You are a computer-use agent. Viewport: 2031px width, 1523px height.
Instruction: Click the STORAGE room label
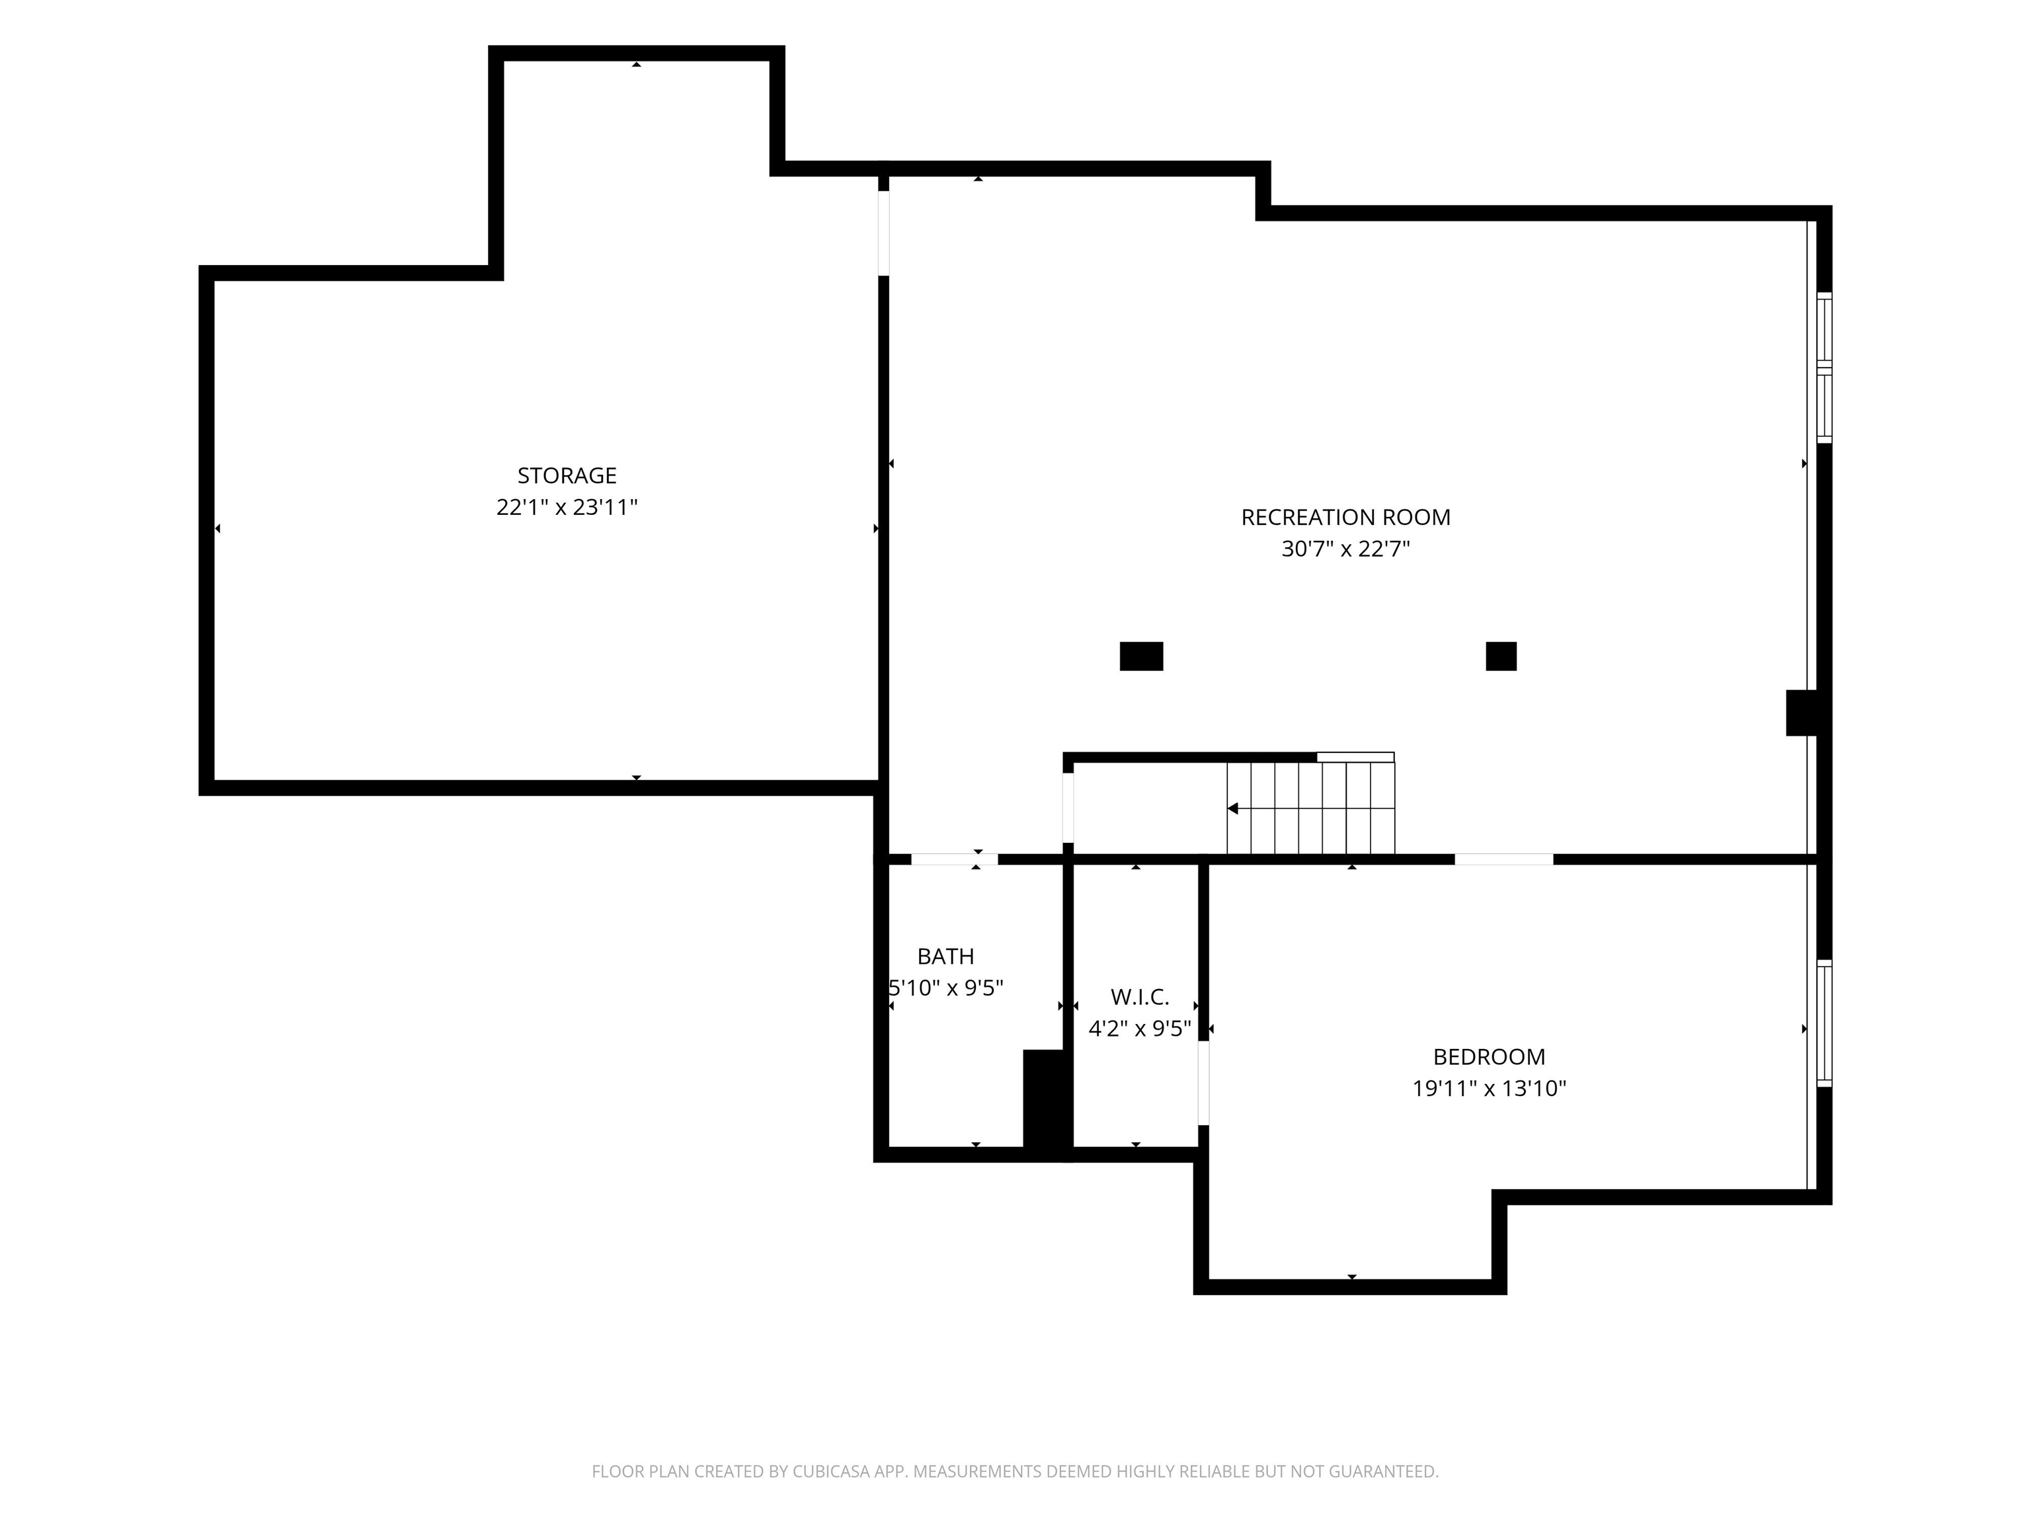(x=567, y=475)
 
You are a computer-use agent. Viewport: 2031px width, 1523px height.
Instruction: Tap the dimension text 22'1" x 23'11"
(x=567, y=507)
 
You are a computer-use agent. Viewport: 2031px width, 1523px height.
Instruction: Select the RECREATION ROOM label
(x=1345, y=517)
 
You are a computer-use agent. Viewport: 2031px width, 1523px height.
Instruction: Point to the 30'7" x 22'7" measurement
(x=1345, y=549)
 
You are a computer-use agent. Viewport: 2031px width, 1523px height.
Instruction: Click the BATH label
(x=945, y=957)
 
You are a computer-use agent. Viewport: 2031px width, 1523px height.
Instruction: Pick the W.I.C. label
(x=1139, y=997)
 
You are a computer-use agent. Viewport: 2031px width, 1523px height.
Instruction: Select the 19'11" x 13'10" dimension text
(x=1488, y=1089)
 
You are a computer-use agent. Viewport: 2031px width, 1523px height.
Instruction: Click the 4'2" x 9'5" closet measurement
(x=1139, y=1028)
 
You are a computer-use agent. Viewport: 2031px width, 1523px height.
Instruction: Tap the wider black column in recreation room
(x=1141, y=656)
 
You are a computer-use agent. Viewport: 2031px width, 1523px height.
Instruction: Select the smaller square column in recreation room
(x=1501, y=656)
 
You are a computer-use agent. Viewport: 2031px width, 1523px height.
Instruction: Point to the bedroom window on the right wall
(x=1825, y=1023)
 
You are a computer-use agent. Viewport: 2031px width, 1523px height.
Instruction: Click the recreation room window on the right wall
(x=1825, y=368)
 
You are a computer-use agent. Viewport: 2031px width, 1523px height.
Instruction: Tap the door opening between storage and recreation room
(x=883, y=233)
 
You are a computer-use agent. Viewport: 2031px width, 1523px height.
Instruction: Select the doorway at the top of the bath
(x=954, y=859)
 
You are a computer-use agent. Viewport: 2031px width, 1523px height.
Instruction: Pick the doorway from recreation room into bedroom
(x=1504, y=859)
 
